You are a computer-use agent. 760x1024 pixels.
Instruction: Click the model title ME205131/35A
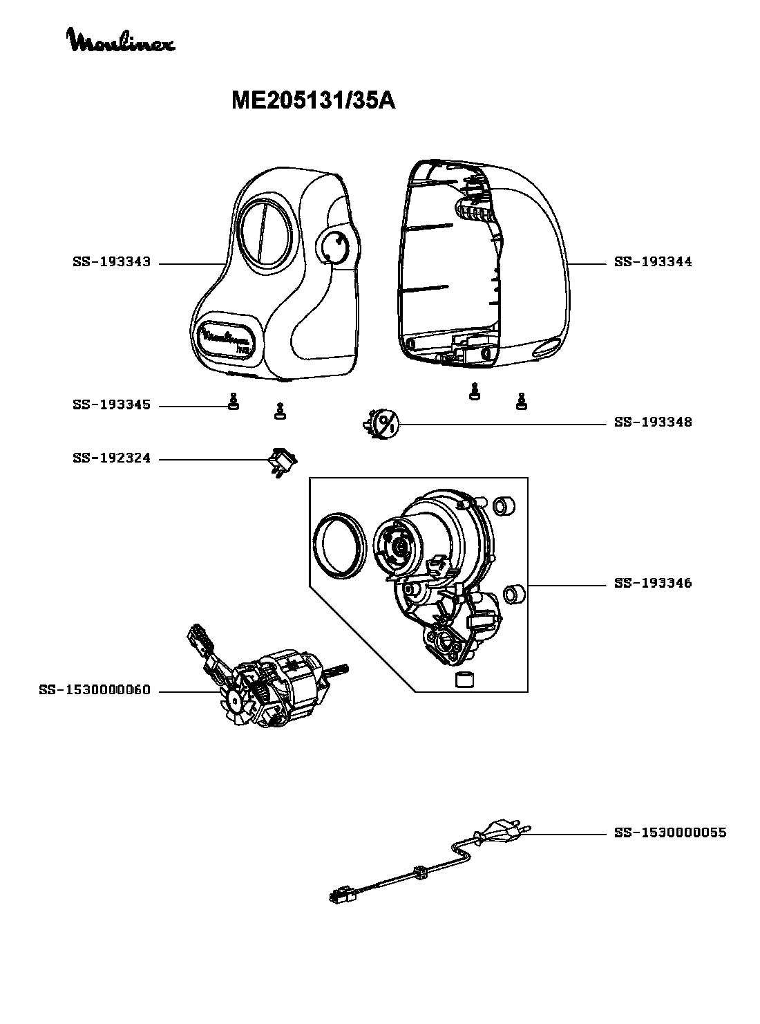[313, 101]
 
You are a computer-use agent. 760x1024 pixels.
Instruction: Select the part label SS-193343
[112, 262]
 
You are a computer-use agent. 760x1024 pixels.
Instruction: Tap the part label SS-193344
[653, 262]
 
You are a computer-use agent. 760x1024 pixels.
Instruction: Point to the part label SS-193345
[112, 405]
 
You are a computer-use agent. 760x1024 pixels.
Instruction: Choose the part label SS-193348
[653, 422]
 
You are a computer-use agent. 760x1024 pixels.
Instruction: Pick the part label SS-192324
[112, 458]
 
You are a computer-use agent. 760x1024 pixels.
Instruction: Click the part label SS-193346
[653, 583]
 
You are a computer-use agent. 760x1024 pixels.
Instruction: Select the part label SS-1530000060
[95, 690]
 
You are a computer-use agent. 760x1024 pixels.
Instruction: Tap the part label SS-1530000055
[670, 833]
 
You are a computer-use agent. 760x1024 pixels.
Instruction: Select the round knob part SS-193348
[381, 425]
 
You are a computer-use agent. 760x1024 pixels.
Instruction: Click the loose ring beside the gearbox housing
[340, 546]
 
